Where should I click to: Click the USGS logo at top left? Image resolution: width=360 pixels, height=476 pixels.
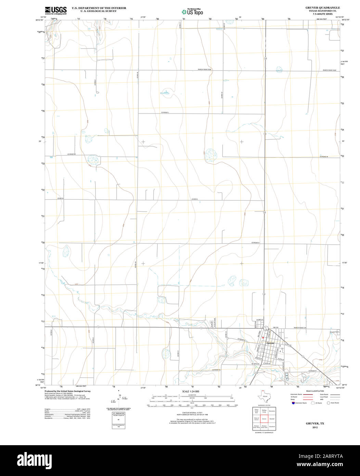[x=55, y=10]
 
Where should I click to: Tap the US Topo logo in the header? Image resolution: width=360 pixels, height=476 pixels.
[x=192, y=12]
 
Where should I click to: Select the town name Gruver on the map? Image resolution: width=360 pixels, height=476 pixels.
[x=271, y=343]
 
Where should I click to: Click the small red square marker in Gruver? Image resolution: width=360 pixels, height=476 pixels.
[x=263, y=338]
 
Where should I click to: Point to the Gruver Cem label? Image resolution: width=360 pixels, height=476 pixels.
[x=334, y=332]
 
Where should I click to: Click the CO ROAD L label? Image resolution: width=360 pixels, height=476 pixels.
[x=166, y=112]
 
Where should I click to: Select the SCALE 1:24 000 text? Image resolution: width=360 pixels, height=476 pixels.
[x=191, y=391]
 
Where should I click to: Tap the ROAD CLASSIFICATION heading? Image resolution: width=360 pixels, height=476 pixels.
[x=315, y=391]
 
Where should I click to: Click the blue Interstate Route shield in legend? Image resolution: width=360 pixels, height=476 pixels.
[x=293, y=403]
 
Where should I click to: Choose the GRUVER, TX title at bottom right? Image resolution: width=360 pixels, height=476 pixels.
[x=315, y=424]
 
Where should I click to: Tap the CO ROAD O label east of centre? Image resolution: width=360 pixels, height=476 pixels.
[x=255, y=242]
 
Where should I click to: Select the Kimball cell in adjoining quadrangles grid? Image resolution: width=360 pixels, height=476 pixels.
[x=272, y=418]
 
